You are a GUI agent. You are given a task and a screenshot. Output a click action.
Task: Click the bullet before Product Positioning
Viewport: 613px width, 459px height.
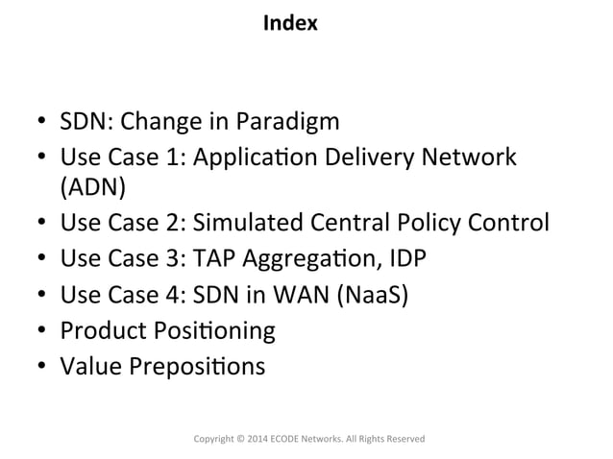coord(42,332)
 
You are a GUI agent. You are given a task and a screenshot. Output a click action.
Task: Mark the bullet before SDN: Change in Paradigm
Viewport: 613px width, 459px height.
coord(42,124)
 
